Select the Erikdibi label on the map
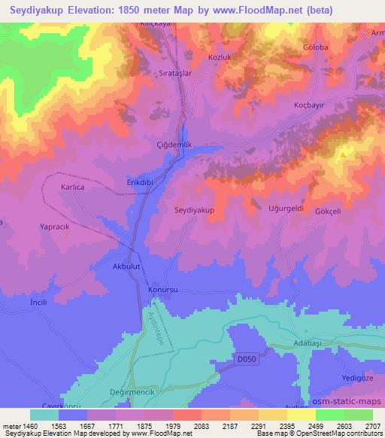141,182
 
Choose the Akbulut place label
127,266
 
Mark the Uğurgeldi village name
286,208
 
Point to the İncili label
38,301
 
